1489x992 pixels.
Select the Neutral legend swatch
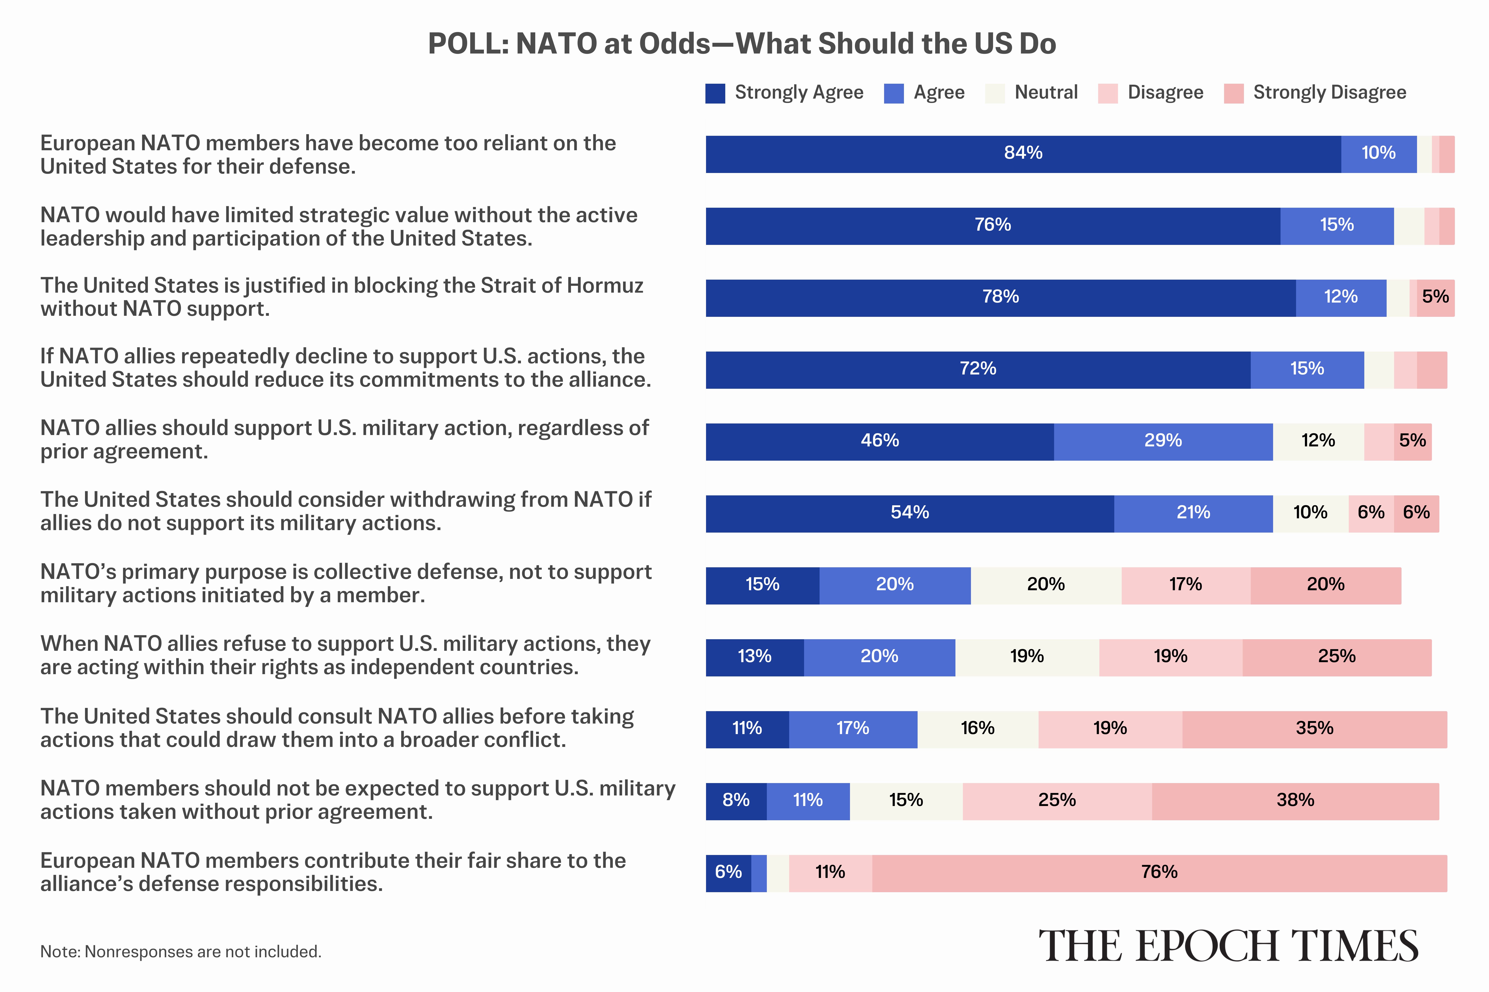995,93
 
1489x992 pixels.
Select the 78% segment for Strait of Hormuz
1000,297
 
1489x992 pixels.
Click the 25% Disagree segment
1057,801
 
